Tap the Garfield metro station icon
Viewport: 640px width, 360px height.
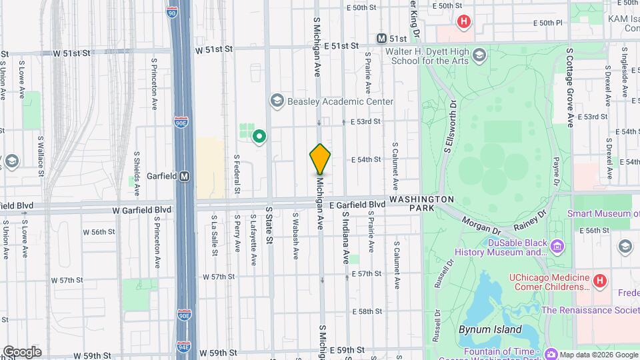coord(185,177)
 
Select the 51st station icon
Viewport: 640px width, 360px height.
coord(382,39)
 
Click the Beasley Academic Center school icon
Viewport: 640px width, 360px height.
coord(277,101)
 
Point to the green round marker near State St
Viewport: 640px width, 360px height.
coord(259,137)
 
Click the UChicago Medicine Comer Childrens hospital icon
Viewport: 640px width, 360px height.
coord(599,281)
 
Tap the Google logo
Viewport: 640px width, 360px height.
coord(21,352)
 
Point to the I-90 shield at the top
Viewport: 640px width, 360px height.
coord(172,12)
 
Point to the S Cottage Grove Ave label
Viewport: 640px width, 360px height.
coord(570,87)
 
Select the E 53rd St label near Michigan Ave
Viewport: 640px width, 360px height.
coord(365,122)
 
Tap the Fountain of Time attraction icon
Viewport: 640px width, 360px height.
coord(551,353)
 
